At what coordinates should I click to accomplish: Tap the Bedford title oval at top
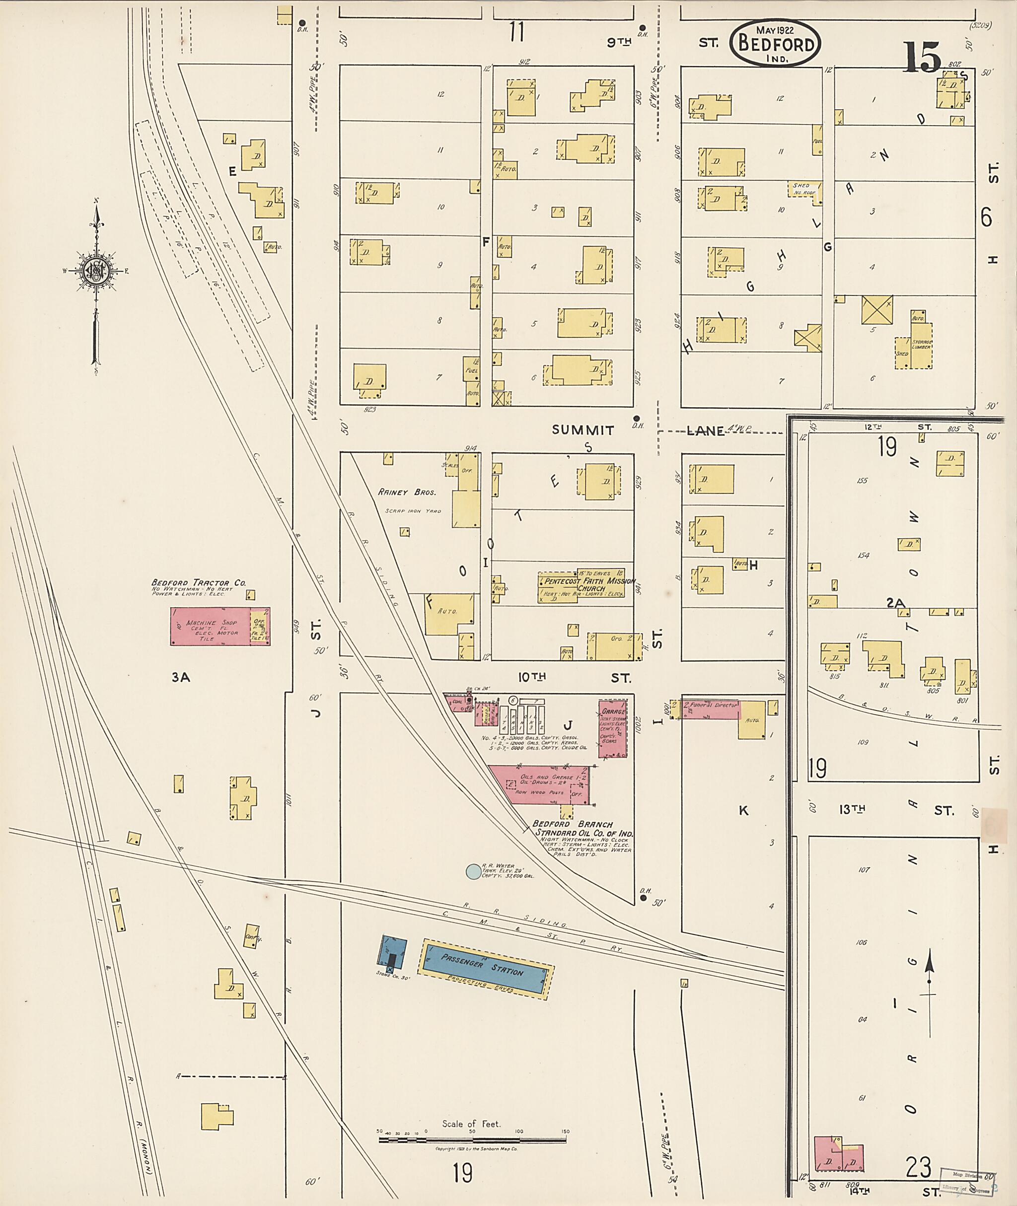pos(776,44)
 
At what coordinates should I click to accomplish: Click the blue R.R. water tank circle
pos(472,872)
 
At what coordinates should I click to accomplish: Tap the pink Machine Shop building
pos(210,626)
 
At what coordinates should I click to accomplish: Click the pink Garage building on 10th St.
pos(612,729)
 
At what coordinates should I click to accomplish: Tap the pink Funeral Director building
pos(710,709)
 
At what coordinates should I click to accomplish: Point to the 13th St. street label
pos(852,809)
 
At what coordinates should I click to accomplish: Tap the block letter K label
pos(743,810)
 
